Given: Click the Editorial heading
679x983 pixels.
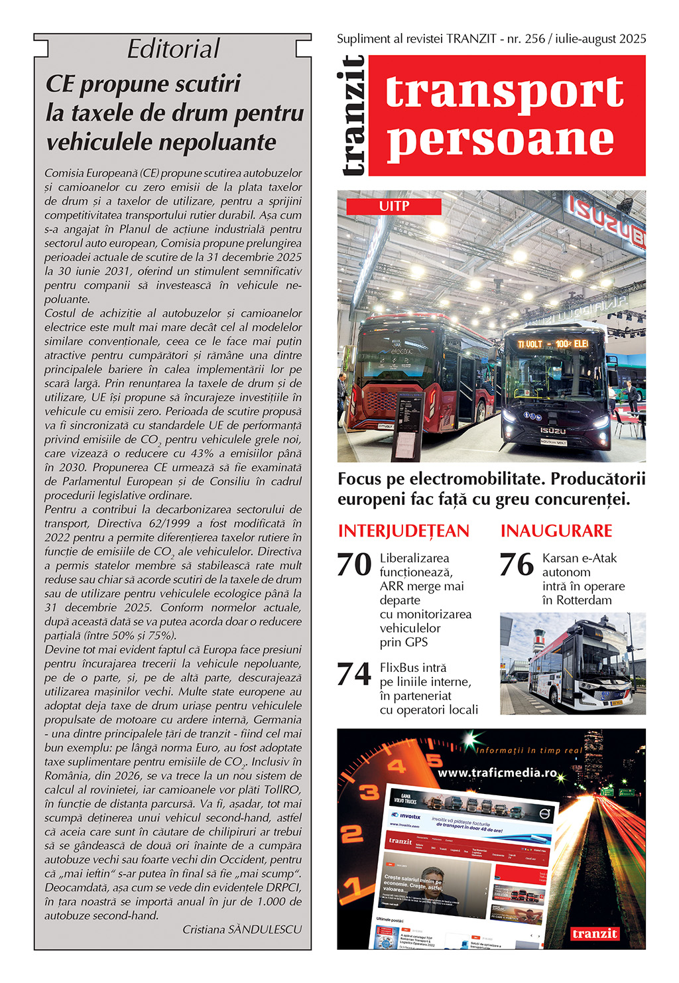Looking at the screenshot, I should coord(173,49).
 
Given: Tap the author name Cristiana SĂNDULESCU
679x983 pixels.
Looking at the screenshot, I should coord(242,929).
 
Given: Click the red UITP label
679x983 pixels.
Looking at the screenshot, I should coord(394,206).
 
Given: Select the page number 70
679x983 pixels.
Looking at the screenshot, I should coord(354,565).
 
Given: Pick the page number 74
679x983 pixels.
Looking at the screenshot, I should coord(354,675).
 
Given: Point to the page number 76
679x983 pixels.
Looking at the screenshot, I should coord(517,565).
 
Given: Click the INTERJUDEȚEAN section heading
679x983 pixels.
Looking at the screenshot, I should coord(403,531).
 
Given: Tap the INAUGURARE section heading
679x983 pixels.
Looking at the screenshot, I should coord(556,531).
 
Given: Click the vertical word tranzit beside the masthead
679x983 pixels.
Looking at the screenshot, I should coord(353,115).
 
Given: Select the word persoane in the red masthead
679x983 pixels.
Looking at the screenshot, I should coord(501,140).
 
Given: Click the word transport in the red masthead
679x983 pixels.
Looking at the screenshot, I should coord(505,92).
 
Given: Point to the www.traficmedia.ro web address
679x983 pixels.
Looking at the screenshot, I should coord(497,772).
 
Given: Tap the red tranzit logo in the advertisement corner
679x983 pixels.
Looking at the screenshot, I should coord(595,933).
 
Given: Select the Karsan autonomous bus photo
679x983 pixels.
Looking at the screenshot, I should coord(572,663).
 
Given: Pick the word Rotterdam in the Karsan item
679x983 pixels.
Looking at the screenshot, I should coord(577,600).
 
